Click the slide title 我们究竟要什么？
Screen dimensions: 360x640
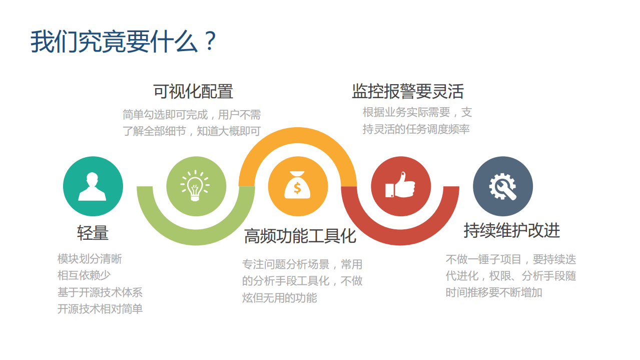(x=123, y=42)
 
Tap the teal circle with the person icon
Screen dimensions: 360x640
(x=93, y=186)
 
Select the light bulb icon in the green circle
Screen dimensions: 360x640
(x=196, y=186)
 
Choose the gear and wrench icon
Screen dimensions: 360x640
(x=502, y=186)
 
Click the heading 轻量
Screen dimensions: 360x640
(x=93, y=233)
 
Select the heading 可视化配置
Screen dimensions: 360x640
(x=193, y=92)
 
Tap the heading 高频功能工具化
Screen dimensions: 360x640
(x=300, y=236)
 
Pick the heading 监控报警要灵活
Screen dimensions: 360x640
(x=408, y=92)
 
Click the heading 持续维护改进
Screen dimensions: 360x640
(x=511, y=230)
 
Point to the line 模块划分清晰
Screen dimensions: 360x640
(x=90, y=259)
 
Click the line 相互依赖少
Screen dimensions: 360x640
(x=84, y=275)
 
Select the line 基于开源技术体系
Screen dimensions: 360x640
(x=100, y=292)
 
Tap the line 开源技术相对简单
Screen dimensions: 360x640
(x=100, y=309)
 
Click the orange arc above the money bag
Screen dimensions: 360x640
(x=298, y=136)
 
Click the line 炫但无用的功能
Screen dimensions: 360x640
(x=280, y=298)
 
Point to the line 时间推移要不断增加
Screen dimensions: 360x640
(x=494, y=292)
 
